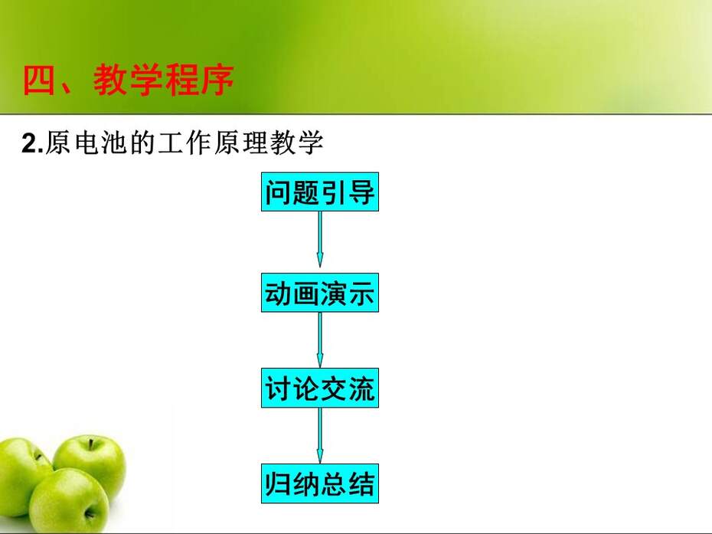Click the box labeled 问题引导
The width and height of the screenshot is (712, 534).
tap(320, 192)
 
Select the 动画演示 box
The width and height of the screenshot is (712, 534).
tap(320, 293)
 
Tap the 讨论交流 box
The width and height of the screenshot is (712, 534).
tap(320, 388)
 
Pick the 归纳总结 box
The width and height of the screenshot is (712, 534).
tap(320, 483)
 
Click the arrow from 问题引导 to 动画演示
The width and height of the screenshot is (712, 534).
tap(320, 240)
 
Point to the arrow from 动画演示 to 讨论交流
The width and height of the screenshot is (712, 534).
tap(320, 340)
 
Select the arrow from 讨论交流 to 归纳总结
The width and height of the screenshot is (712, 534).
tap(320, 435)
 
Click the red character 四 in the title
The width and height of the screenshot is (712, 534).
tap(38, 80)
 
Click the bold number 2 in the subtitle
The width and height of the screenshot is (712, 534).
tap(30, 143)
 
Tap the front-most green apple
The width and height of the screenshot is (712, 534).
tap(69, 500)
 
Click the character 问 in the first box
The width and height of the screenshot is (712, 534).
tap(279, 192)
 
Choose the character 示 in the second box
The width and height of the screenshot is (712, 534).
tap(361, 293)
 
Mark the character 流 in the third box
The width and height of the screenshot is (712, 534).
tap(361, 388)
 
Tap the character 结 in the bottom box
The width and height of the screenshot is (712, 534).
tap(361, 484)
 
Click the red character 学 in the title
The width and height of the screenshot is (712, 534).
tap(146, 80)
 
